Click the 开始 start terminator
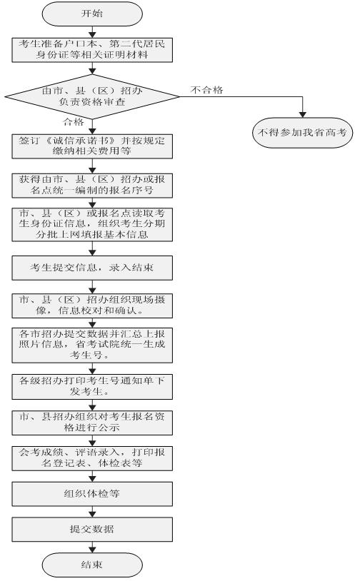[x=92, y=14]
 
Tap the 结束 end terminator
[x=92, y=565]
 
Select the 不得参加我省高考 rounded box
[x=302, y=132]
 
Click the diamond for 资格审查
[x=92, y=96]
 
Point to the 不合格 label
[x=207, y=90]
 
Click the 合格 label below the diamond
[x=74, y=121]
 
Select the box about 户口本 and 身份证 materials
[x=92, y=50]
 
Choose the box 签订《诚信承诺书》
[x=92, y=146]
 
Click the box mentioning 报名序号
[x=92, y=186]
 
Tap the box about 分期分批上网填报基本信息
[x=92, y=225]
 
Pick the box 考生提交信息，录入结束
[x=92, y=268]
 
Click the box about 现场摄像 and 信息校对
[x=92, y=305]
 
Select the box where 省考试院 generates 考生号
[x=92, y=345]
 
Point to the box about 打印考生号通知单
[x=92, y=387]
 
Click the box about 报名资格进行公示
[x=92, y=423]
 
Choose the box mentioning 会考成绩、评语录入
[x=92, y=458]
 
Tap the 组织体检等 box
[x=92, y=494]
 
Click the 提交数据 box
[x=92, y=530]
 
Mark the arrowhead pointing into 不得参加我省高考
[x=303, y=114]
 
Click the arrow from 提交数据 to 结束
[x=92, y=547]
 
